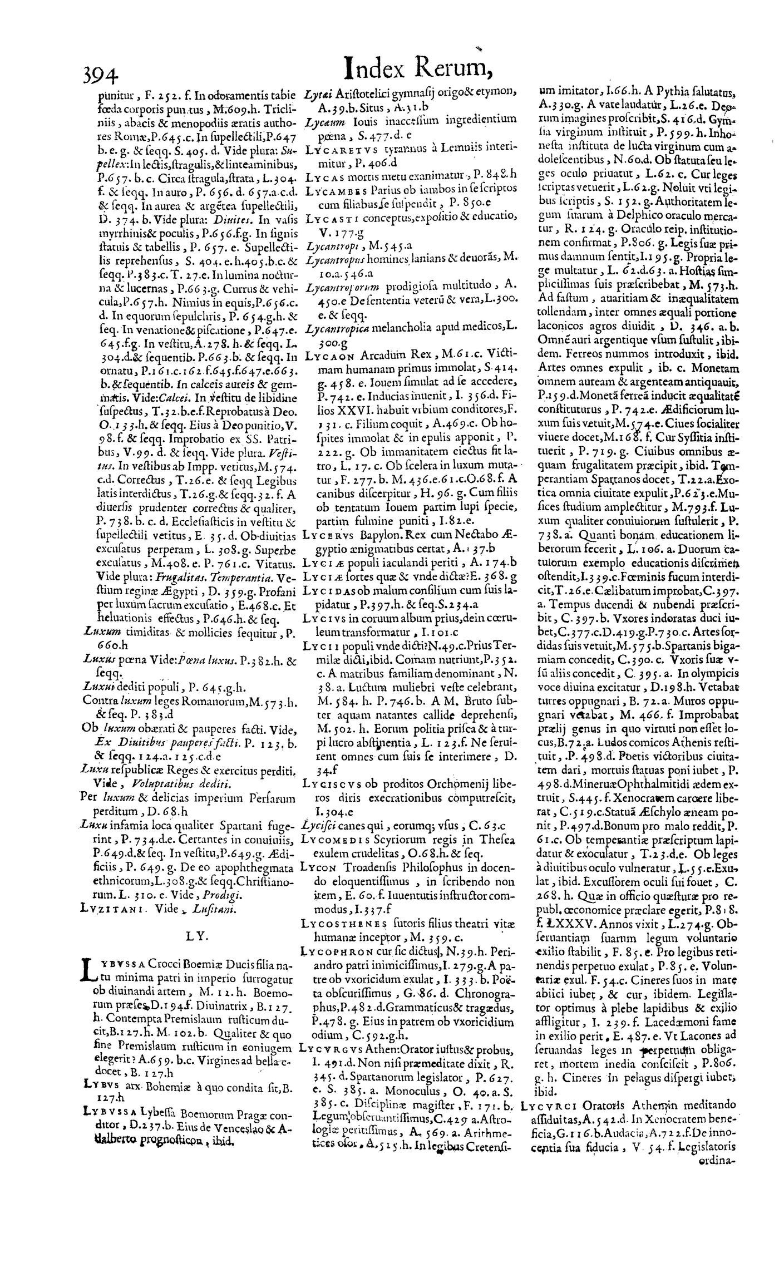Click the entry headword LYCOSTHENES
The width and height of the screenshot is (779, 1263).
tap(342, 921)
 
